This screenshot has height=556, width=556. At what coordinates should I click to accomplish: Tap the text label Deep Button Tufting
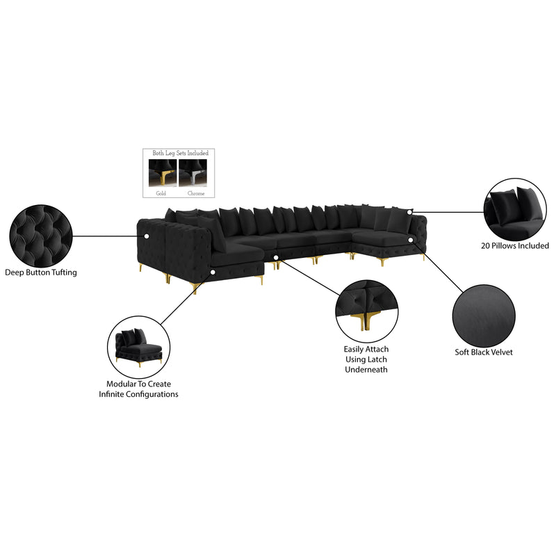pyautogui.click(x=40, y=272)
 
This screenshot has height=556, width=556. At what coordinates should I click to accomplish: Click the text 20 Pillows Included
pyautogui.click(x=515, y=245)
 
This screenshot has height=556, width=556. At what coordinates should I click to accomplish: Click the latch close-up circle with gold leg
pyautogui.click(x=366, y=310)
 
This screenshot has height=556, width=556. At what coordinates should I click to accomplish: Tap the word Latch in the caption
pyautogui.click(x=375, y=359)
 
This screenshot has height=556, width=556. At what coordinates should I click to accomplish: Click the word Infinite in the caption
pyautogui.click(x=115, y=394)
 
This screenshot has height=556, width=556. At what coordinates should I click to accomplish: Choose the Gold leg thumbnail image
pyautogui.click(x=163, y=172)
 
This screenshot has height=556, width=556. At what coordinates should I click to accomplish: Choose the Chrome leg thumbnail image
pyautogui.click(x=193, y=172)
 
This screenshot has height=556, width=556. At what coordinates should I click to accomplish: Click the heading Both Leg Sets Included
pyautogui.click(x=180, y=153)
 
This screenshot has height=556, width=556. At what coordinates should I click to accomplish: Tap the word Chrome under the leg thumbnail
pyautogui.click(x=197, y=194)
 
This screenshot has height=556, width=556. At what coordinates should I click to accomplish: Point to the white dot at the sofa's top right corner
pyautogui.click(x=411, y=211)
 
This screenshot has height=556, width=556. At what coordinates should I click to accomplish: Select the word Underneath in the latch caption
pyautogui.click(x=366, y=370)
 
